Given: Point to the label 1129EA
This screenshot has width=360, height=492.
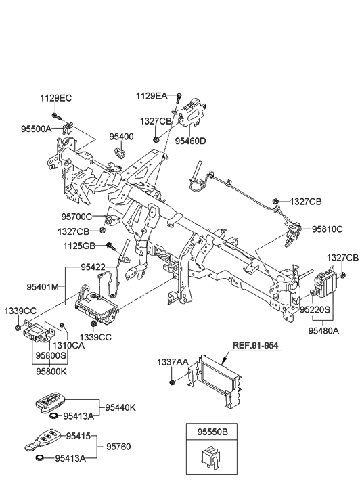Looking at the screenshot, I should pyautogui.click(x=152, y=96).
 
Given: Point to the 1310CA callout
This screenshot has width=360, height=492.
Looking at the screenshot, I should pyautogui.click(x=69, y=346).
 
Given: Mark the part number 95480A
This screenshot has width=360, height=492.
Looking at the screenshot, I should pyautogui.click(x=323, y=331).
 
